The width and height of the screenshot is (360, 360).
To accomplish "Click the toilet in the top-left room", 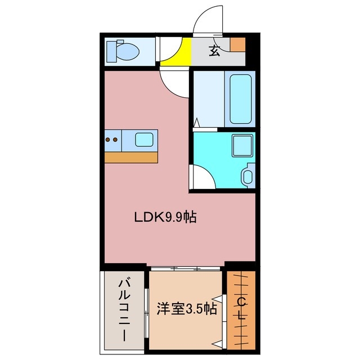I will click(x=127, y=51).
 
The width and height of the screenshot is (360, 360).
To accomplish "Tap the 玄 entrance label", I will click(x=214, y=50).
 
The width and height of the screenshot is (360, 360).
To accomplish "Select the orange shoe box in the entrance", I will click(x=238, y=44).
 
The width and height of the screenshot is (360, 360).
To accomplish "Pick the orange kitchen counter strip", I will click(x=131, y=157).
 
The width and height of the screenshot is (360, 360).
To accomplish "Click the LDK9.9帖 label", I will click(x=165, y=217).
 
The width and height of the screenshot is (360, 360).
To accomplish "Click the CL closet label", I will click(x=241, y=309).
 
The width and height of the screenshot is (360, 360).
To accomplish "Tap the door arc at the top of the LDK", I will click(x=174, y=82).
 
